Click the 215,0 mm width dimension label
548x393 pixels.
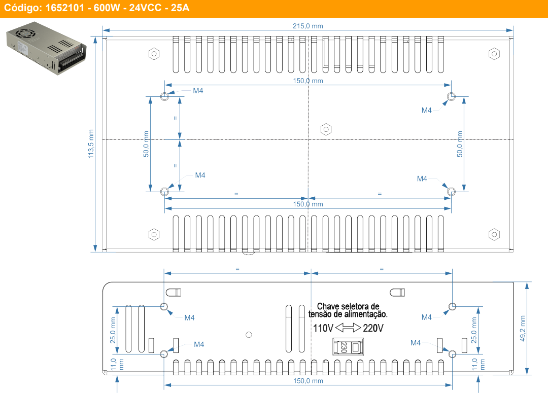(x=307, y=26)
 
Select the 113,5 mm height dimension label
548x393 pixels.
(x=91, y=144)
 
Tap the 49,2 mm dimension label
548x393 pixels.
(x=523, y=329)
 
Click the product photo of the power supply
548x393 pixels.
(x=46, y=48)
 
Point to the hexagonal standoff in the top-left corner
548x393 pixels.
(x=154, y=54)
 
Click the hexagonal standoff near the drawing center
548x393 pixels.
(x=326, y=130)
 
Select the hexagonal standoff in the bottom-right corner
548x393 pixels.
(x=494, y=234)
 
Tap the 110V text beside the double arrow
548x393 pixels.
(x=323, y=328)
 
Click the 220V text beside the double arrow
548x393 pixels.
(x=373, y=328)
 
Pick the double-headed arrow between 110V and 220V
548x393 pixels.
(x=348, y=328)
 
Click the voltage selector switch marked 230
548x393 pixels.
(x=348, y=346)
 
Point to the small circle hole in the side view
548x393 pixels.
(x=249, y=335)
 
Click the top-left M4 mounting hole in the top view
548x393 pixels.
(x=164, y=96)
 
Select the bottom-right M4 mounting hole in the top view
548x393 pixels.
(x=451, y=192)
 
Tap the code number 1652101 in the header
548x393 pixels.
(x=64, y=8)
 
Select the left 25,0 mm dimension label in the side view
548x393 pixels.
(x=113, y=330)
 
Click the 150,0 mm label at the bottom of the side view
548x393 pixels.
(x=308, y=381)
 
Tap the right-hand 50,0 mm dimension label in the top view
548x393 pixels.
(x=460, y=144)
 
